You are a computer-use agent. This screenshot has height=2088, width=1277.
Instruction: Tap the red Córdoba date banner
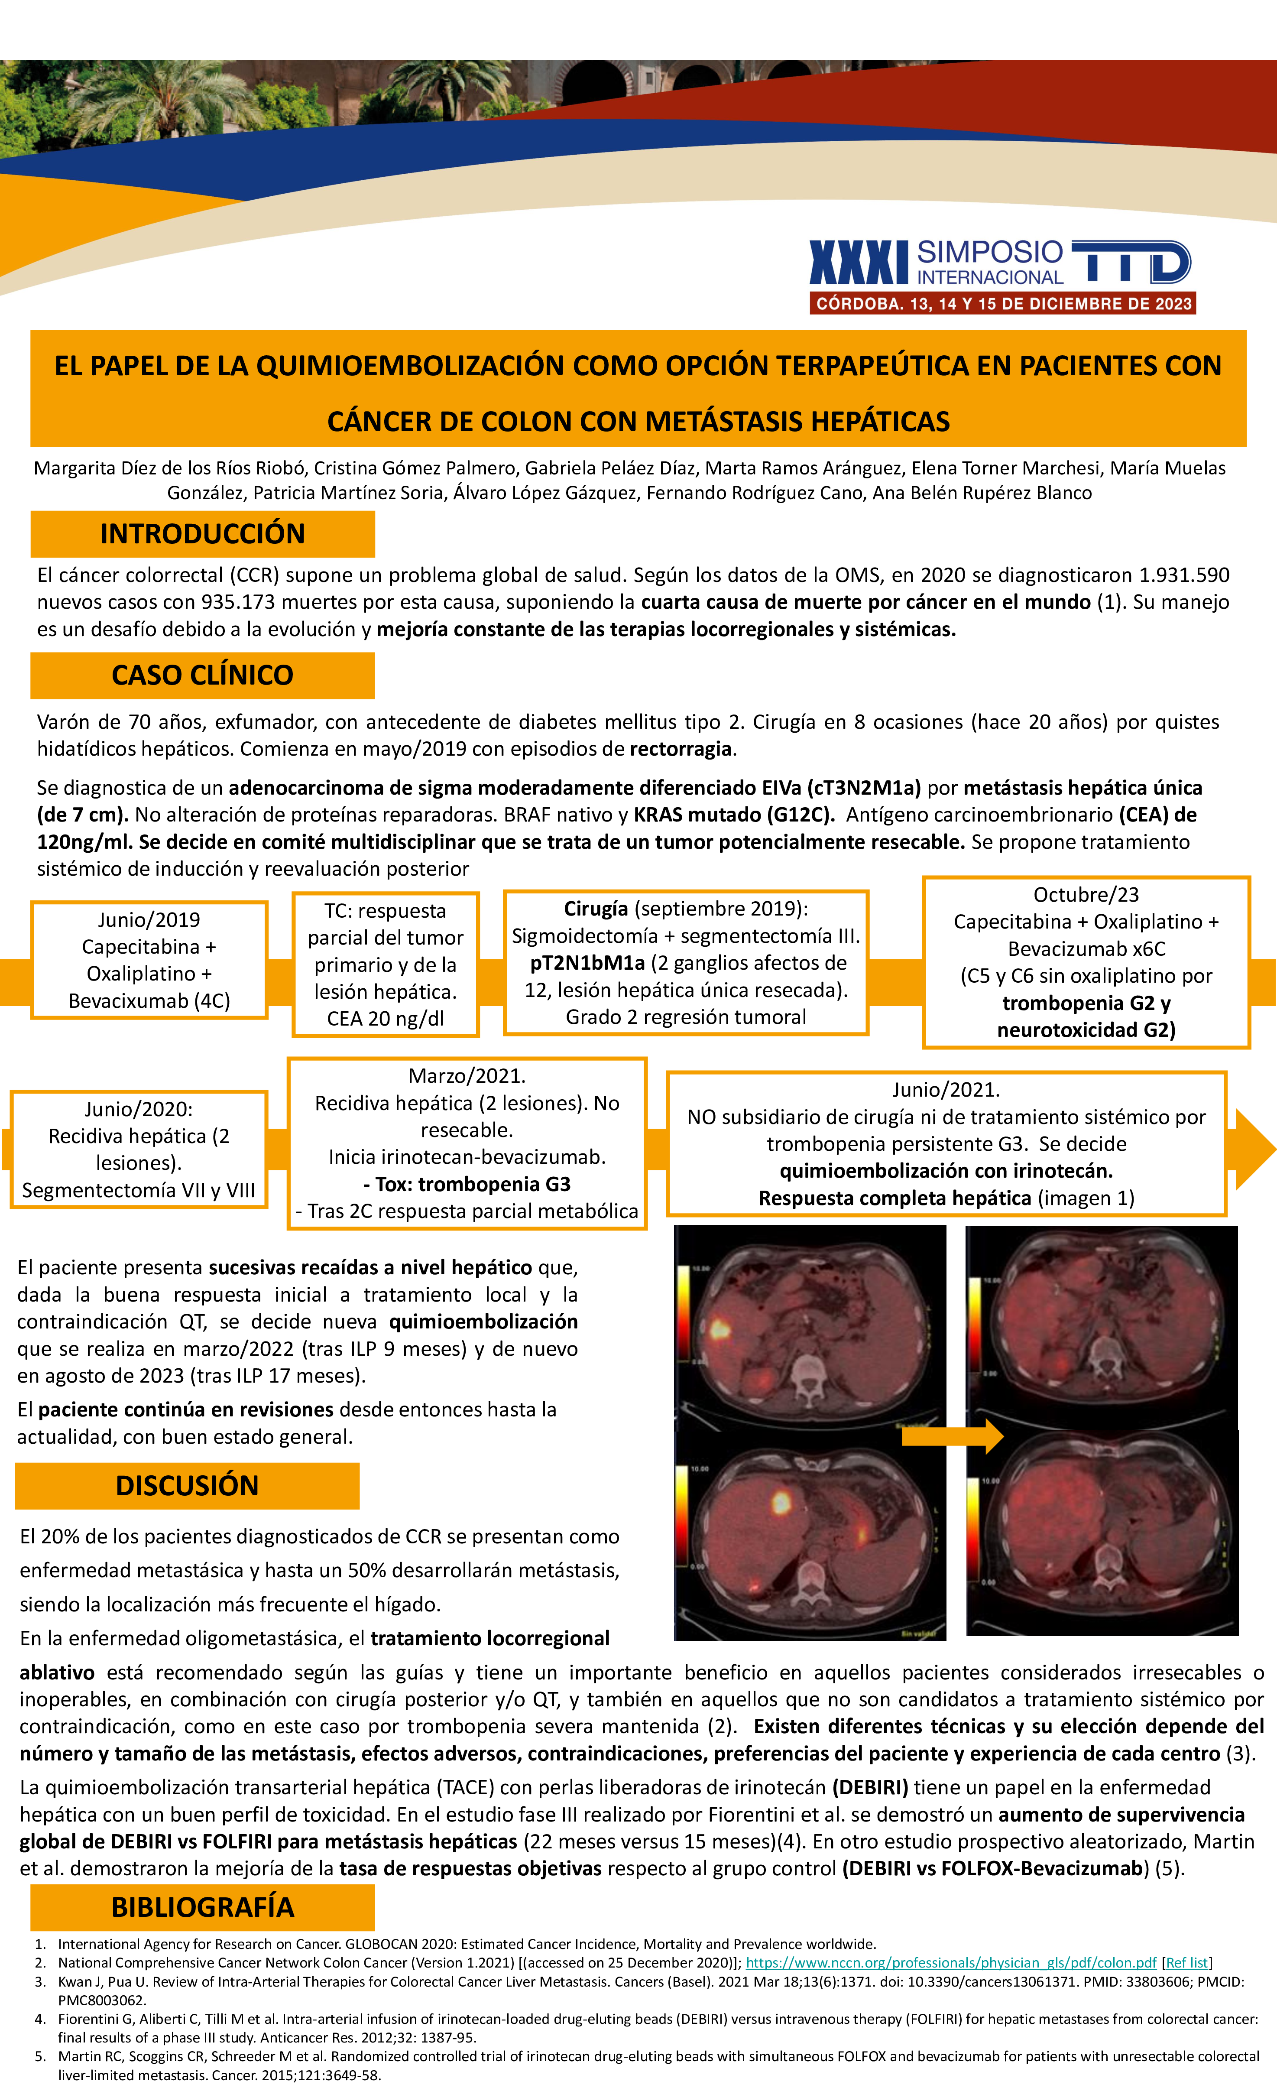pyautogui.click(x=1002, y=303)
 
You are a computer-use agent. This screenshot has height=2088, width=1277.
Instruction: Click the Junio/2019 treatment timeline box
pyautogui.click(x=149, y=960)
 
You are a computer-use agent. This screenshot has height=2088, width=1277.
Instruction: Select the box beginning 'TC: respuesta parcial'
pyautogui.click(x=386, y=964)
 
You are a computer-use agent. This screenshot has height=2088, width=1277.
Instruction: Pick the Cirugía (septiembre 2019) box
pyautogui.click(x=686, y=963)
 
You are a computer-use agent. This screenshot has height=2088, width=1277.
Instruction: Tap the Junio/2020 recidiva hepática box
pyautogui.click(x=138, y=1149)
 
